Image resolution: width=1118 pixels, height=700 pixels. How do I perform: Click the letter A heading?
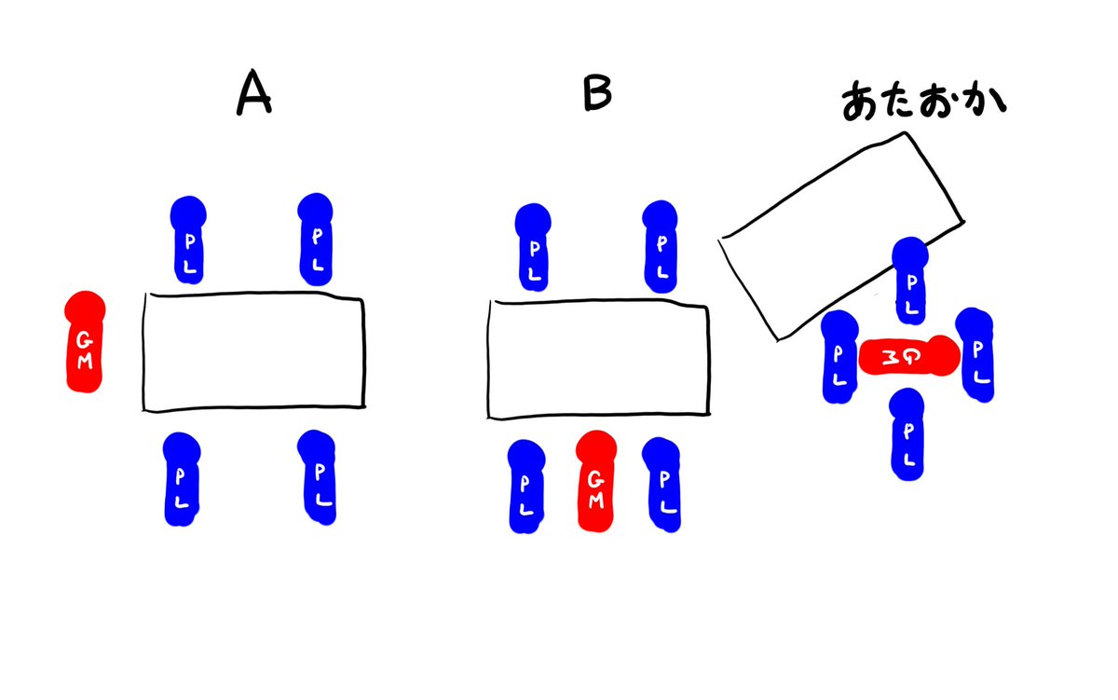click(x=253, y=94)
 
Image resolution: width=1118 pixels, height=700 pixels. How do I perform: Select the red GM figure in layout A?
click(x=84, y=342)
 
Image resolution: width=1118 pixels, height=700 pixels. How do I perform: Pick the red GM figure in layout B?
click(x=595, y=482)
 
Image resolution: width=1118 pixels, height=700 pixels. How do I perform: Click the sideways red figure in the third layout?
click(x=907, y=356)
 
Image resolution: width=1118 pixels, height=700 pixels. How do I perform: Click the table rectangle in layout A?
click(x=253, y=352)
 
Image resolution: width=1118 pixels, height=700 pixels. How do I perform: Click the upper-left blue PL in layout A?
click(x=189, y=240)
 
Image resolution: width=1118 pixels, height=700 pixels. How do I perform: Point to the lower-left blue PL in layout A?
click(x=182, y=479)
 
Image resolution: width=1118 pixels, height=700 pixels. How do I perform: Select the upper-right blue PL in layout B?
click(x=662, y=243)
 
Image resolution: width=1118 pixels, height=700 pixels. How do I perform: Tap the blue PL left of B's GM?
click(x=527, y=486)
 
